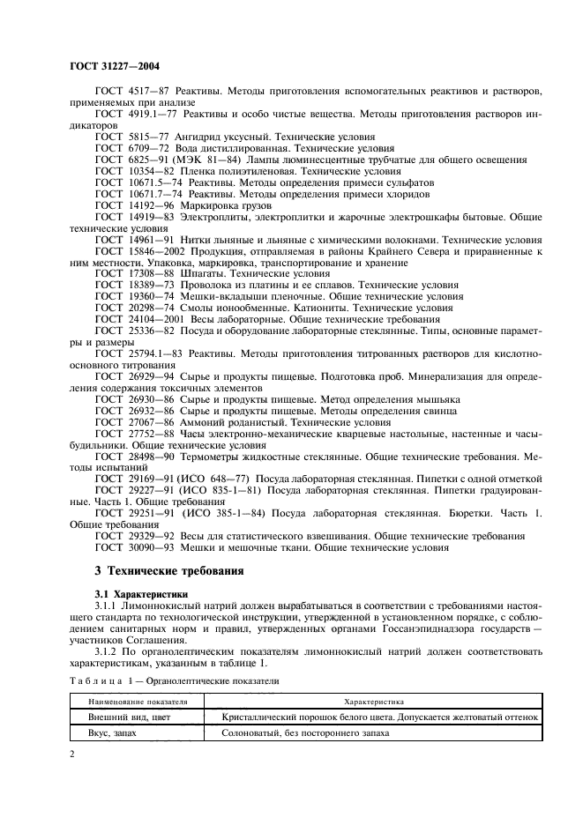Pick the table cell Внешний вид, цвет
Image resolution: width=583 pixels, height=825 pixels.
122,717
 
